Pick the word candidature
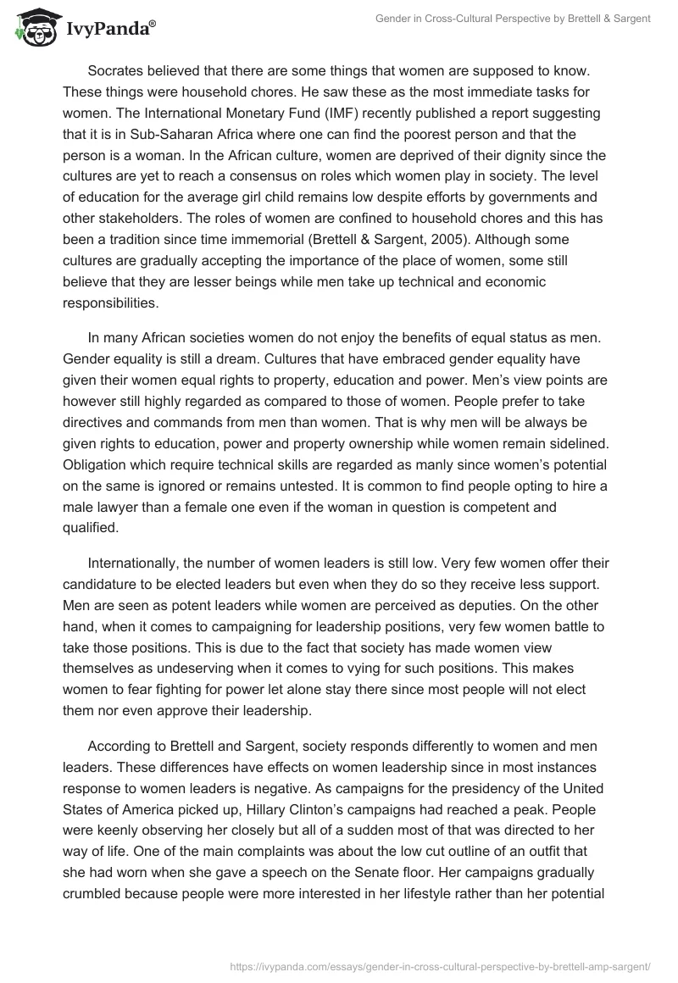(x=103, y=585)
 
